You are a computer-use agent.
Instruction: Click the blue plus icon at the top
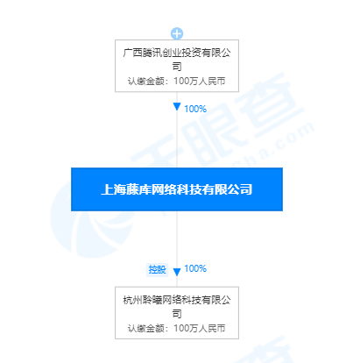(x=177, y=33)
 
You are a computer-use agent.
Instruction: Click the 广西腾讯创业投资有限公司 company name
(x=177, y=60)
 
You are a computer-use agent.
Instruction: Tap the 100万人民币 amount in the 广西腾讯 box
(x=200, y=81)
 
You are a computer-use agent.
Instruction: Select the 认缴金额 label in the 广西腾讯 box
(x=146, y=81)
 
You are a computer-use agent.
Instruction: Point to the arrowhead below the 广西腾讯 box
(x=177, y=107)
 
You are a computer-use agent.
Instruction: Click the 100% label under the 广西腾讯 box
(x=195, y=109)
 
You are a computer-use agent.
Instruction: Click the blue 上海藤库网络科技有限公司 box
(x=177, y=189)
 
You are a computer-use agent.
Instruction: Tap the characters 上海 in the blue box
(x=114, y=189)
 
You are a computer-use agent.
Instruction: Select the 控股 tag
(x=157, y=269)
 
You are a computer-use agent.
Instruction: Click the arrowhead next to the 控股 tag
(x=177, y=272)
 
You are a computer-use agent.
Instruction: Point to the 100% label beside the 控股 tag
(x=195, y=268)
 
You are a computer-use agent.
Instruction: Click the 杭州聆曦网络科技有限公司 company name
(x=177, y=307)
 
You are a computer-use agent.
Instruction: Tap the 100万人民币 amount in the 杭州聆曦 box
(x=200, y=328)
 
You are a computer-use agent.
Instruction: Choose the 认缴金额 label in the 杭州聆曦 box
(x=146, y=328)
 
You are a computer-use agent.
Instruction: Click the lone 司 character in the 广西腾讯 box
(x=177, y=67)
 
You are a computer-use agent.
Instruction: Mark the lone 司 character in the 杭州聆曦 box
(x=177, y=314)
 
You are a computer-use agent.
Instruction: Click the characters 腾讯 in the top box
(x=152, y=53)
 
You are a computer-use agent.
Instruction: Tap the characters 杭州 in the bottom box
(x=133, y=300)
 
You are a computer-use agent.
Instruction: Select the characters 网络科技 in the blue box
(x=177, y=189)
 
